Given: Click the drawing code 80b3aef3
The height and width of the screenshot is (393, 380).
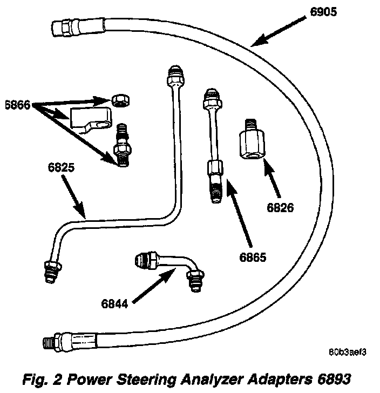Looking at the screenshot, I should coord(349,352).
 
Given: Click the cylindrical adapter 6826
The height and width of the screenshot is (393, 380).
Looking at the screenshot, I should coord(250,143).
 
